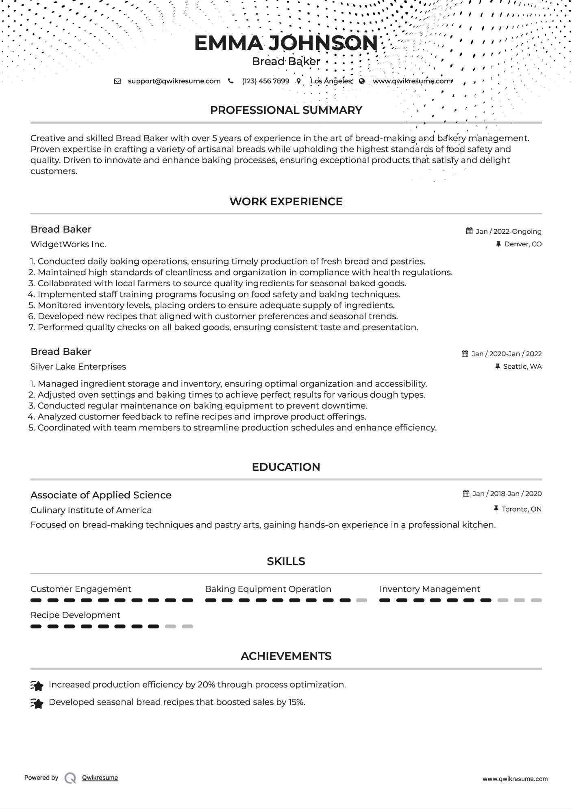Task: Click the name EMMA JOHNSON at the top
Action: [286, 43]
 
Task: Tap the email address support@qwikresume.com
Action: [174, 81]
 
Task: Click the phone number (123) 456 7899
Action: [265, 81]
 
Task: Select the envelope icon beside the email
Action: [117, 81]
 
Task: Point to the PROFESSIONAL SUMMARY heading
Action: [286, 110]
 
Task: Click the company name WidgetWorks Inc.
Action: [68, 244]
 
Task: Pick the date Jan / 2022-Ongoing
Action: [508, 231]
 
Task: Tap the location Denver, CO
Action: [522, 244]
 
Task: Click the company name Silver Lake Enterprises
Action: [78, 367]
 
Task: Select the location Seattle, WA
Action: [522, 366]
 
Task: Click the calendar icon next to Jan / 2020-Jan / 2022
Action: [465, 354]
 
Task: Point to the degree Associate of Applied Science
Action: [101, 495]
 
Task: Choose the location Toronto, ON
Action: [521, 509]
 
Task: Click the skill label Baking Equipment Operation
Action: [268, 589]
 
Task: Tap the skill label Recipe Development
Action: [75, 615]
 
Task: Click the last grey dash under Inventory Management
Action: [536, 600]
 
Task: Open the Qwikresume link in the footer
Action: [100, 778]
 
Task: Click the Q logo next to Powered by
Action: [70, 778]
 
